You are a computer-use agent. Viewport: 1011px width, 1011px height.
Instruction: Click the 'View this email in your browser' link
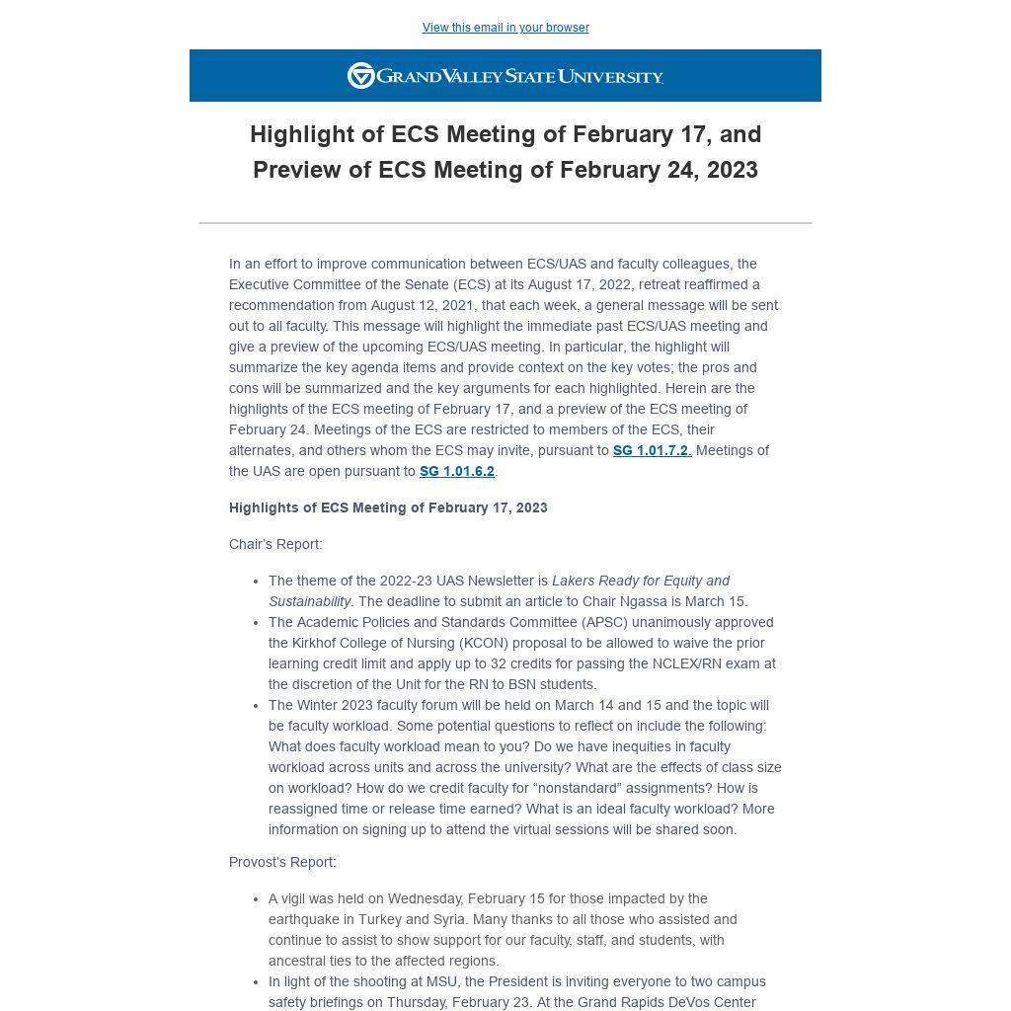coord(505,28)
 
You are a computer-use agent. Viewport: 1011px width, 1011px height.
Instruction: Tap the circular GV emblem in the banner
coord(361,76)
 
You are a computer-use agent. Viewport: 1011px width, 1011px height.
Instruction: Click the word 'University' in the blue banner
coord(610,76)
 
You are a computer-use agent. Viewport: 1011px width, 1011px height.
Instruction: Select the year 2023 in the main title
coord(732,170)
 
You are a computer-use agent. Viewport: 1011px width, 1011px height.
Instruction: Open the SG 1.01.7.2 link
coord(651,450)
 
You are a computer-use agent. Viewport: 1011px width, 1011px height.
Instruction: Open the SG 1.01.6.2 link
coord(456,471)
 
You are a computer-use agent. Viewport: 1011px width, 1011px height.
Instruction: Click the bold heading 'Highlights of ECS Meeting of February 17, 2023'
coord(388,507)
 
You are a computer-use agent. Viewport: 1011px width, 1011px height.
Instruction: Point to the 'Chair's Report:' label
coord(275,544)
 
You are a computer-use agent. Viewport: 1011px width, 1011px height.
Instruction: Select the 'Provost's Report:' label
coord(282,862)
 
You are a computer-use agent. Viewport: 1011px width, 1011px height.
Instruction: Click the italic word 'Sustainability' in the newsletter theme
coord(309,601)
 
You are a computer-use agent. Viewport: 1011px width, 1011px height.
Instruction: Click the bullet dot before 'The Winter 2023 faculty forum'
coord(256,705)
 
